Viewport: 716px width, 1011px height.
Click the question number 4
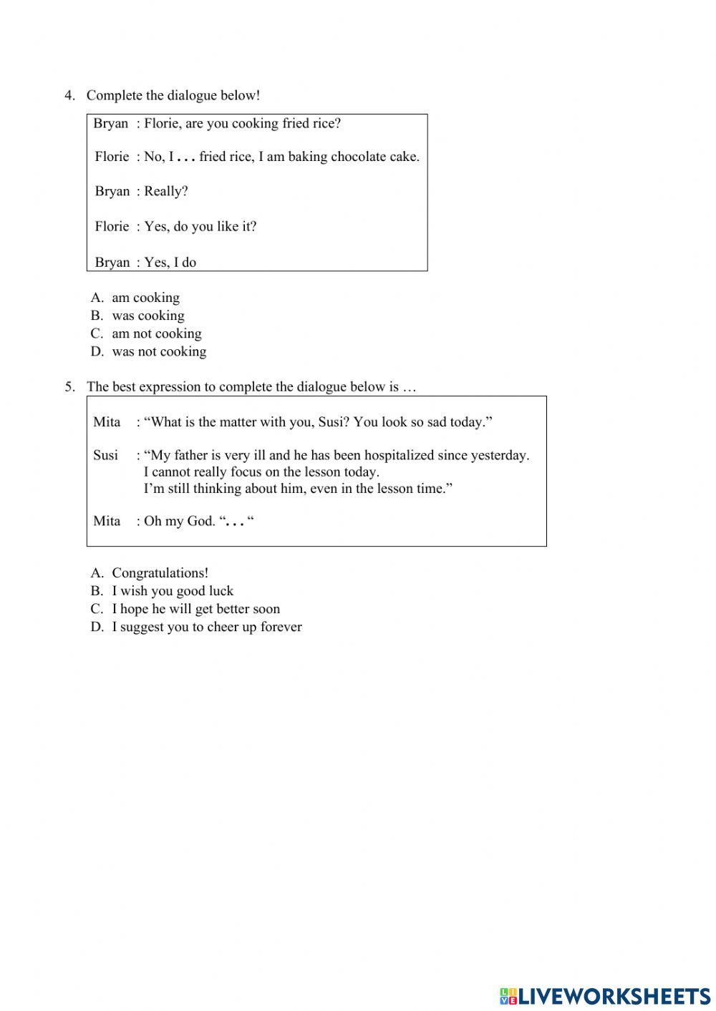coord(69,95)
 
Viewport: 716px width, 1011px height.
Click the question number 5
coord(69,387)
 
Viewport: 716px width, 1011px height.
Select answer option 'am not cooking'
coord(156,333)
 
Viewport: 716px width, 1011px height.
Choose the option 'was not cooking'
coord(159,351)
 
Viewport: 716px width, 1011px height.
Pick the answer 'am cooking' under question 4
coord(145,298)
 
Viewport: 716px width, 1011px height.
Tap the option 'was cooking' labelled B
coord(147,316)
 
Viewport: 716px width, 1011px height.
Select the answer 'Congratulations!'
coord(160,573)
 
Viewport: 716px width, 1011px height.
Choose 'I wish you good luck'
coord(173,591)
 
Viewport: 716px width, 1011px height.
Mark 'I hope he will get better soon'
coord(195,609)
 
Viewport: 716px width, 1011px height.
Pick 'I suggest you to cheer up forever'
coord(207,627)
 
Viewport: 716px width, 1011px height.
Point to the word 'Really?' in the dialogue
coord(166,191)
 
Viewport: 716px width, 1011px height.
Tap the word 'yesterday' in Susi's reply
coord(500,455)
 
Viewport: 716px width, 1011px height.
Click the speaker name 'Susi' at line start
coord(106,455)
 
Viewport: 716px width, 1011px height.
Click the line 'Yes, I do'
coord(170,263)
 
